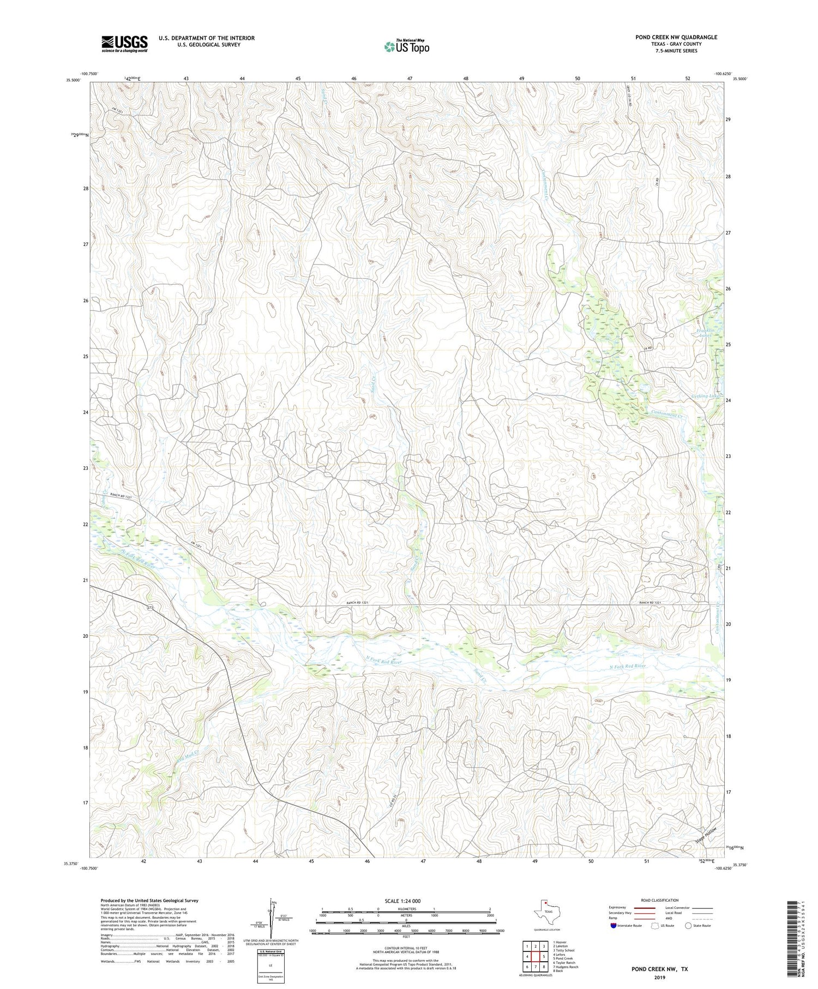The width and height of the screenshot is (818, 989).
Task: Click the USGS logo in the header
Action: pos(124,44)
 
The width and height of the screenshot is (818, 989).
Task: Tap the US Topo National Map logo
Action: pos(406,46)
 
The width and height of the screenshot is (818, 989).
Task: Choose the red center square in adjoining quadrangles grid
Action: pos(536,956)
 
